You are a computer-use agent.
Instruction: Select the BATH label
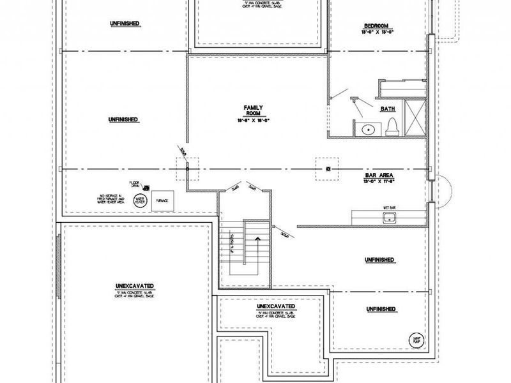[x=388, y=109]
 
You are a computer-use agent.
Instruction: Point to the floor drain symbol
[x=148, y=188]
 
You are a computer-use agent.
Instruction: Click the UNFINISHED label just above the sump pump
[x=379, y=310]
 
